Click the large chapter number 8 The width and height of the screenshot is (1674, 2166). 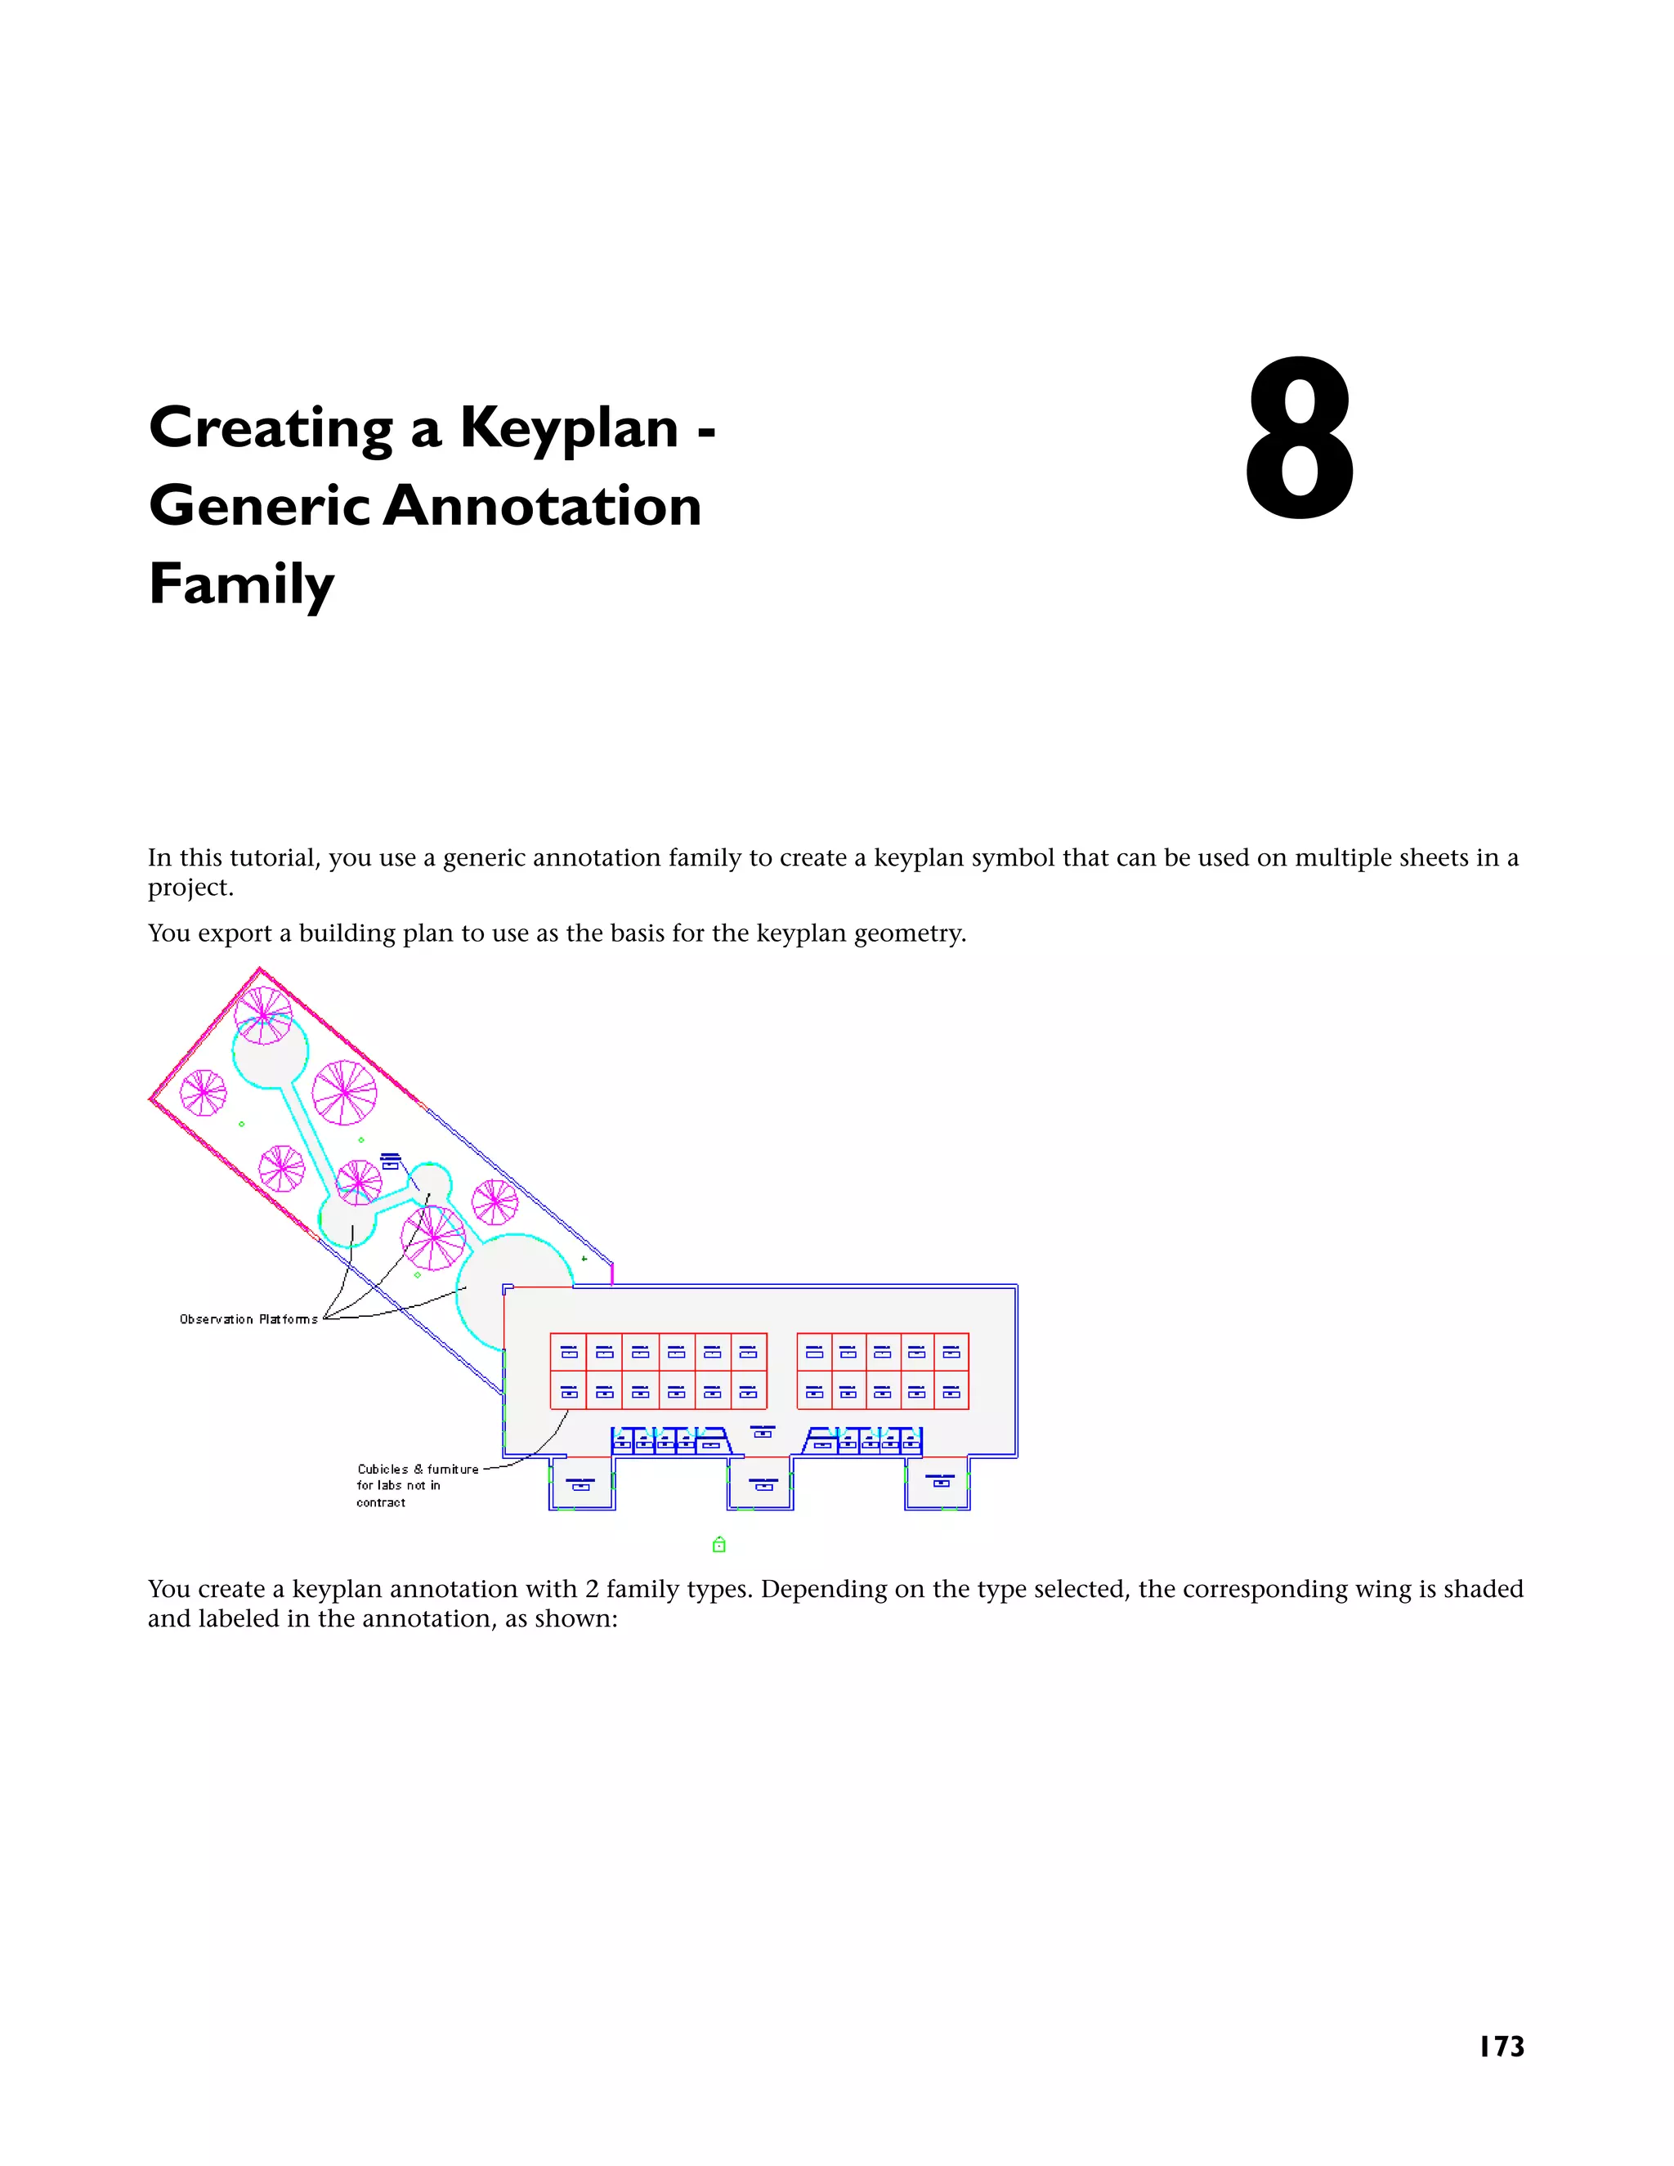tap(1298, 441)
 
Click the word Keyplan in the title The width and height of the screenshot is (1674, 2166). tap(568, 428)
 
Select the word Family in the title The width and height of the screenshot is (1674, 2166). tap(241, 584)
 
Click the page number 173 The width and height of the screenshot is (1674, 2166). tap(1501, 2046)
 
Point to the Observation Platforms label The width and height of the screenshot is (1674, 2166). tap(248, 1319)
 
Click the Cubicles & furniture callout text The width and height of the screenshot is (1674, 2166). tap(418, 1469)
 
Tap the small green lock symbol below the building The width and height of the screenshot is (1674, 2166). tap(719, 1544)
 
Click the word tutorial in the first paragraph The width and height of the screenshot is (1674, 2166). tap(271, 858)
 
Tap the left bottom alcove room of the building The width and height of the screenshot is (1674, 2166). tap(581, 1484)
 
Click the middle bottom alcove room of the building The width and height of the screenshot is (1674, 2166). tap(761, 1484)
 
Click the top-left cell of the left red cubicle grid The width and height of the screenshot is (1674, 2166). tap(568, 1352)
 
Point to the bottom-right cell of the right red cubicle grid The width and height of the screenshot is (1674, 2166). tap(951, 1391)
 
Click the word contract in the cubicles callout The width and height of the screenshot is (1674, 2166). tap(381, 1502)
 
